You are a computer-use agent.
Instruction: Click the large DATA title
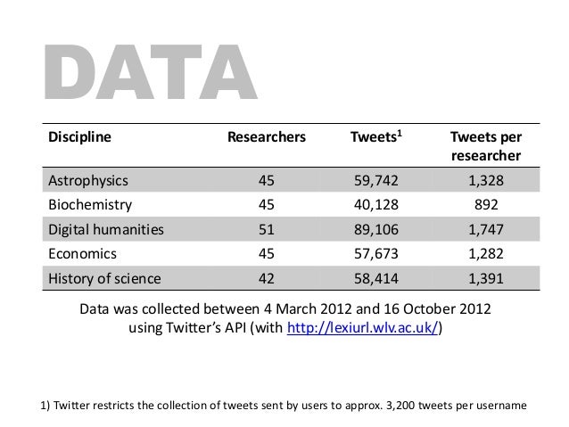[x=146, y=71]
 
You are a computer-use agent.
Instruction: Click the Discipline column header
[x=79, y=137]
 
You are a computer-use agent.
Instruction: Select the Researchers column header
[x=267, y=137]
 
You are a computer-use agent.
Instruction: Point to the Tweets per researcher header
[x=486, y=146]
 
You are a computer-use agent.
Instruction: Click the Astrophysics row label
[x=88, y=180]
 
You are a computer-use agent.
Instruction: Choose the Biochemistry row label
[x=89, y=204]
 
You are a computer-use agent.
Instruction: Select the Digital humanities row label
[x=106, y=229]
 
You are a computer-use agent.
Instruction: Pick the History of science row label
[x=104, y=278]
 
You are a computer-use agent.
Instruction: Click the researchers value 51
[x=267, y=229]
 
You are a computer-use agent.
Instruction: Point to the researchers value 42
[x=267, y=278]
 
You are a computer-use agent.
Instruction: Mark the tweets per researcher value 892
[x=486, y=204]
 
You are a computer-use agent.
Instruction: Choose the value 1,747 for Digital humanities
[x=486, y=229]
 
